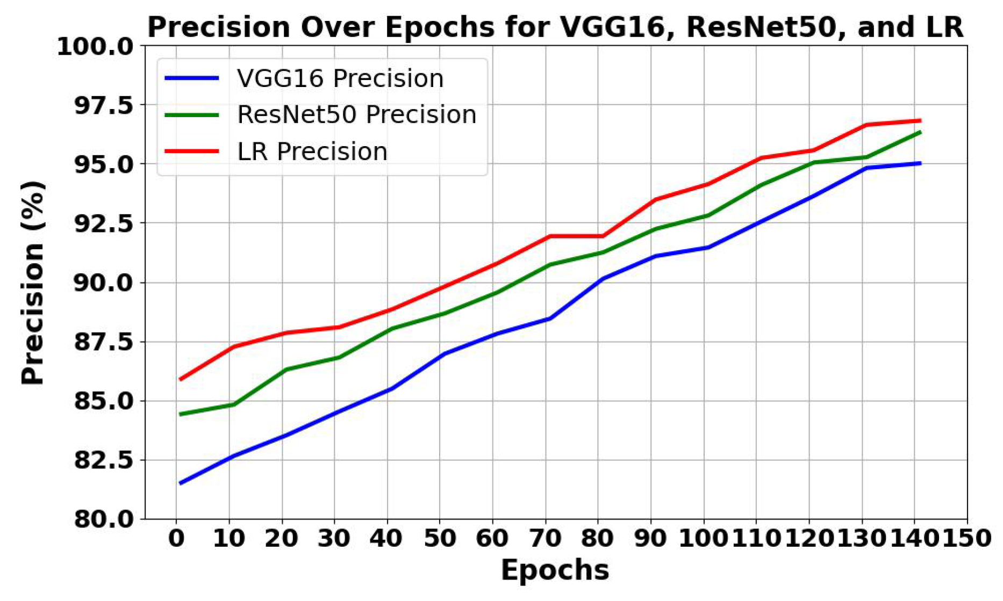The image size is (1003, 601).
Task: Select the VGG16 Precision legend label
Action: (x=340, y=78)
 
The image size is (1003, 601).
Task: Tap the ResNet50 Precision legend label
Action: (x=357, y=115)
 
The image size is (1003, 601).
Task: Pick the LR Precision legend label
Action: (x=312, y=151)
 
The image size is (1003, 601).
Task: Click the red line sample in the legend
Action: (x=192, y=151)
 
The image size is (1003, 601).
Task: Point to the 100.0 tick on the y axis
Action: (x=95, y=47)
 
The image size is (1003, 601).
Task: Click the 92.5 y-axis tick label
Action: (x=103, y=223)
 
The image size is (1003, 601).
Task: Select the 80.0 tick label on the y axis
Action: (x=103, y=519)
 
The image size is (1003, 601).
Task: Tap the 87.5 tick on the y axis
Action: (x=103, y=342)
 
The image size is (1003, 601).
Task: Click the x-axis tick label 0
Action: (x=176, y=538)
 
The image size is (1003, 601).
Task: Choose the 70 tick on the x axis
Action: (x=546, y=538)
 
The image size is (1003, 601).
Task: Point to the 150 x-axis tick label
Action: (x=967, y=538)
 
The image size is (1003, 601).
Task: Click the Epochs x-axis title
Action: (x=555, y=570)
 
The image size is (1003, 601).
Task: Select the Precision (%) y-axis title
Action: (x=33, y=283)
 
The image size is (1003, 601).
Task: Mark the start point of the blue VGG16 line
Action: (x=180, y=483)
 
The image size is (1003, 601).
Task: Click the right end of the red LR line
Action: (x=920, y=120)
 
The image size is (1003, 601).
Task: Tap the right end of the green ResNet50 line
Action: (x=920, y=132)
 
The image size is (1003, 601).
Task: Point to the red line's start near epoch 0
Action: (x=180, y=379)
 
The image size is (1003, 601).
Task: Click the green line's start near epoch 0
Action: (x=180, y=414)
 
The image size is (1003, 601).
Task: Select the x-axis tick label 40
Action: (x=386, y=538)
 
